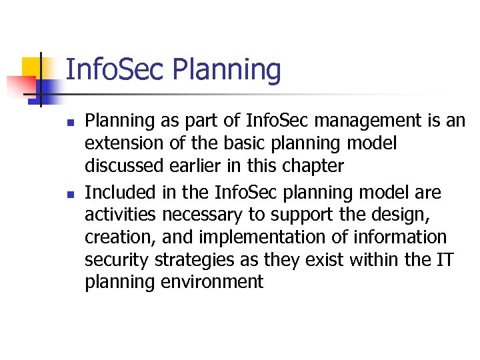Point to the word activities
[x=120, y=215]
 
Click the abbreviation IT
[x=443, y=259]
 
